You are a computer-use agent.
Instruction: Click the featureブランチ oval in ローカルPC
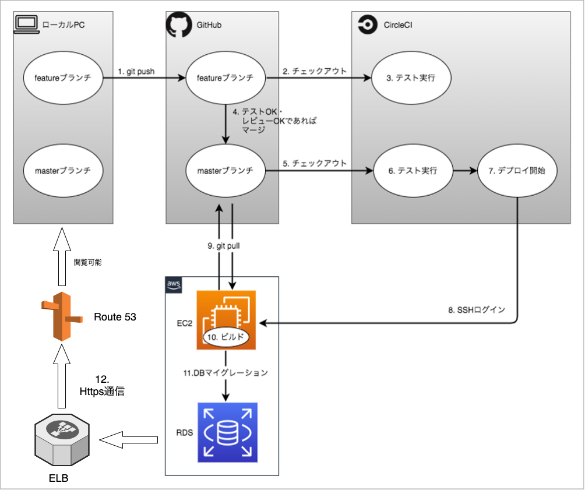[63, 78]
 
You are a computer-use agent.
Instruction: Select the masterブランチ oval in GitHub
[224, 171]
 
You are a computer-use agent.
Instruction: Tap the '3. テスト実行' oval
[412, 78]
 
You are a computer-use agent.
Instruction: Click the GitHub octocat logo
[178, 25]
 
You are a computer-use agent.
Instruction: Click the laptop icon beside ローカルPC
[25, 24]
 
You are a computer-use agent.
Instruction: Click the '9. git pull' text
[224, 246]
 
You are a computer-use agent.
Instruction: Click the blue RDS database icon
[227, 431]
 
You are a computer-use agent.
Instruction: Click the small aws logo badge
[174, 284]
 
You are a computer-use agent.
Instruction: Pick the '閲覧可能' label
[87, 263]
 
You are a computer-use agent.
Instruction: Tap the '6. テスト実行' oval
[412, 171]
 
